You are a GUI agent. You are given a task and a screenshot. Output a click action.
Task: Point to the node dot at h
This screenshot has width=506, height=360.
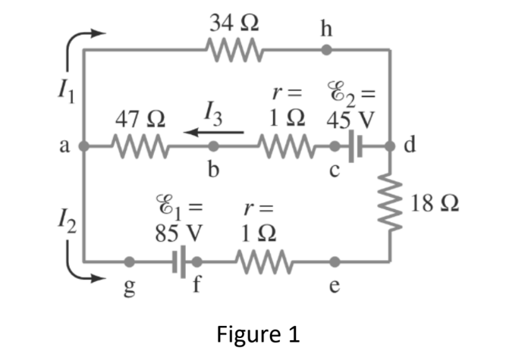point(326,52)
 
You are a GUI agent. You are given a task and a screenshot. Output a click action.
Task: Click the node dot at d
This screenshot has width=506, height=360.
point(390,144)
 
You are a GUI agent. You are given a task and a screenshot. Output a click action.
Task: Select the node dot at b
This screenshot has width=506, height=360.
point(214,144)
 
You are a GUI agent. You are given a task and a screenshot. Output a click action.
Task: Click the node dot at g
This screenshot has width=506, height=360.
point(130,262)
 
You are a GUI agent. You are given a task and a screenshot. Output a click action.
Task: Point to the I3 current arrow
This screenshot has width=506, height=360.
point(215,130)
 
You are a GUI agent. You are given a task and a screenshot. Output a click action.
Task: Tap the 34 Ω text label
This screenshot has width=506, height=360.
point(235,20)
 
